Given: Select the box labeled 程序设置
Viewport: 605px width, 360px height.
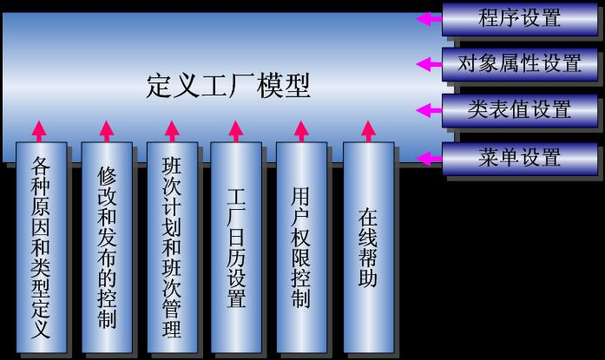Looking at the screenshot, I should coord(519,17).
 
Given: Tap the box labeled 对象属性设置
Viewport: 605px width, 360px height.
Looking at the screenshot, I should coord(519,63).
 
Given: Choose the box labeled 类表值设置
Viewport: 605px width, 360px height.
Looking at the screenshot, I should coord(519,110).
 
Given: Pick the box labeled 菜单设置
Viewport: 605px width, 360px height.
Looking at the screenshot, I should coord(519,158).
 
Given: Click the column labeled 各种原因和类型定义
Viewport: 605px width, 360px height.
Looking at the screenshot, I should coord(41,247).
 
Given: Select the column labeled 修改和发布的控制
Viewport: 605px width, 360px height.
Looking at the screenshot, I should coord(107,247).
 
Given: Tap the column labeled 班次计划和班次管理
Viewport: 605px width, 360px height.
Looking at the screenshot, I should coord(172,247).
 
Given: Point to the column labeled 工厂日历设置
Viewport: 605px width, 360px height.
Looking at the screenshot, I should coord(236,247).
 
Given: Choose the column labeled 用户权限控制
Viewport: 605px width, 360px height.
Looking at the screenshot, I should coord(301,247).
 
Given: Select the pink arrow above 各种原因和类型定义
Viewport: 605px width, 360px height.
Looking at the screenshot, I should coord(38,130).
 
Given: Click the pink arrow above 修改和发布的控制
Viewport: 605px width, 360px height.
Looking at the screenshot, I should coord(106,130).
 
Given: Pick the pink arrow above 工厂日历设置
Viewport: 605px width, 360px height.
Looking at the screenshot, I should coord(235,130).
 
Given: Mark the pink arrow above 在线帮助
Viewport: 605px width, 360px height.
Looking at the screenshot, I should coord(366,130).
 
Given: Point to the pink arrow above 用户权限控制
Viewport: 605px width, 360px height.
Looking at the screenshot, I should coord(301,130).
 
